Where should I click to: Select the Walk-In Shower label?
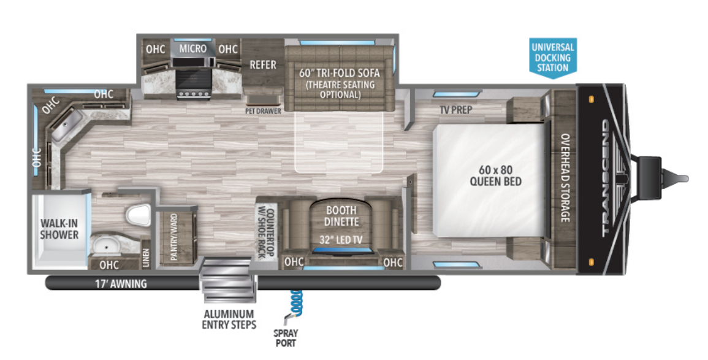[59, 228]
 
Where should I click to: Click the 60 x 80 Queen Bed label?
[495, 175]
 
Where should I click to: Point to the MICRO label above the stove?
[192, 48]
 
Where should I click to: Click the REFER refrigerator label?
[262, 64]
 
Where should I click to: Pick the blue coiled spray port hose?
[297, 301]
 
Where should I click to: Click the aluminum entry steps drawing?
[226, 281]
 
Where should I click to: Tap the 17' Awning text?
[120, 283]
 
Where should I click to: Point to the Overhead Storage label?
[564, 178]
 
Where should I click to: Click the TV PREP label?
[459, 110]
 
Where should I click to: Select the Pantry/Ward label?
[174, 237]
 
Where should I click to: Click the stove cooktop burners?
[192, 93]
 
